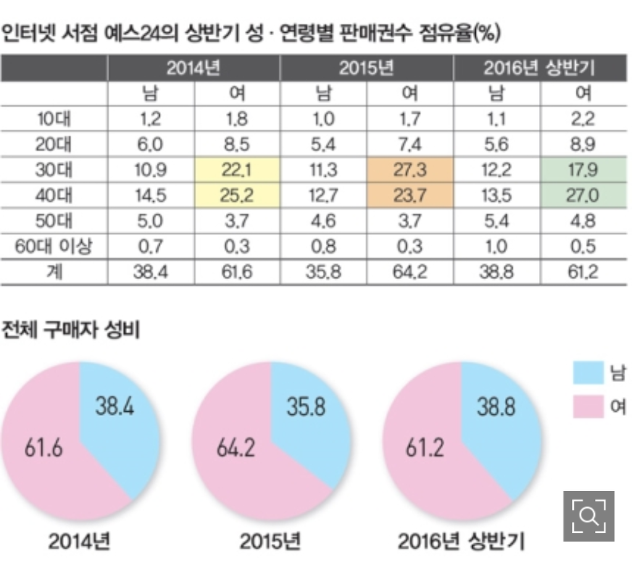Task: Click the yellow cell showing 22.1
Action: (x=237, y=170)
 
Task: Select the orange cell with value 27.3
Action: (x=410, y=170)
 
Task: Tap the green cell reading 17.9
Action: (x=584, y=170)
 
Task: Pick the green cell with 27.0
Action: (x=584, y=196)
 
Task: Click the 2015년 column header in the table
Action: (x=366, y=68)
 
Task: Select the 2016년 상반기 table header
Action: (x=539, y=68)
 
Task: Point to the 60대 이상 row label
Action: (x=54, y=246)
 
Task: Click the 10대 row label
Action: (x=54, y=119)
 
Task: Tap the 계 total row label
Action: (x=54, y=272)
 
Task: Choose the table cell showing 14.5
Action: (x=151, y=196)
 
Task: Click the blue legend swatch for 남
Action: (x=588, y=372)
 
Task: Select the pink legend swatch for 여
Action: (x=588, y=406)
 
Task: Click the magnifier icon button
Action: (x=589, y=516)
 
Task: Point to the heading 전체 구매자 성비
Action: (x=70, y=330)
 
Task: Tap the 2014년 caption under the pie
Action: (x=80, y=541)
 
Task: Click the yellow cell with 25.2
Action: (x=237, y=196)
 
